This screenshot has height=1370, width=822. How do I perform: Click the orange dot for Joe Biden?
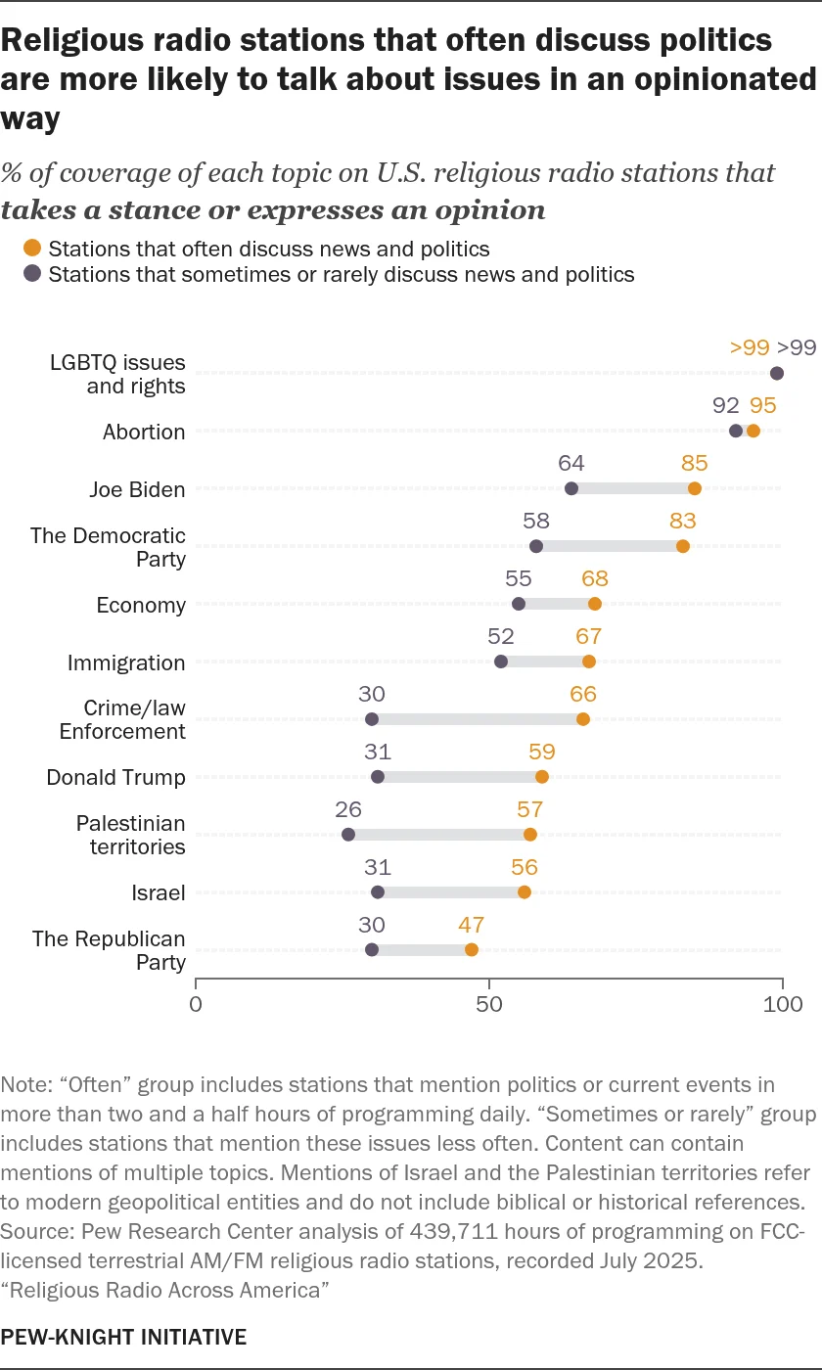click(x=695, y=488)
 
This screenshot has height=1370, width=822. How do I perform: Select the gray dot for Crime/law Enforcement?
click(x=372, y=719)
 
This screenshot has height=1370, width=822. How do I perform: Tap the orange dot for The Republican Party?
click(x=472, y=949)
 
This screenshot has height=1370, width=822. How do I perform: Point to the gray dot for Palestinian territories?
click(x=348, y=835)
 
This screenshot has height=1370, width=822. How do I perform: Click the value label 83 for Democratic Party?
click(x=683, y=522)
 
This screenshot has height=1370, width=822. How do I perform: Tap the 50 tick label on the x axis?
click(x=489, y=1005)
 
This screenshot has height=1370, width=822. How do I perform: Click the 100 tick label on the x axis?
click(x=782, y=1005)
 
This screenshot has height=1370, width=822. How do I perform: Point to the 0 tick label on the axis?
click(x=196, y=1005)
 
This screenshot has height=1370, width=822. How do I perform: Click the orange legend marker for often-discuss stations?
click(x=33, y=249)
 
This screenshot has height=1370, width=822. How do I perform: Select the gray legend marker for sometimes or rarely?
click(x=33, y=274)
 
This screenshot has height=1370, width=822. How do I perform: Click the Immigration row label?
click(x=126, y=662)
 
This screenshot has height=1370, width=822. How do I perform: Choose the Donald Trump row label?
click(x=115, y=777)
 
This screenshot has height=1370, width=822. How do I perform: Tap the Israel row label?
click(x=159, y=892)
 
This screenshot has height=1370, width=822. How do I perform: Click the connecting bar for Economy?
click(x=557, y=604)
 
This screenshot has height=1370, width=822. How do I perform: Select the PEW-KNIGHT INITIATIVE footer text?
click(x=124, y=1337)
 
